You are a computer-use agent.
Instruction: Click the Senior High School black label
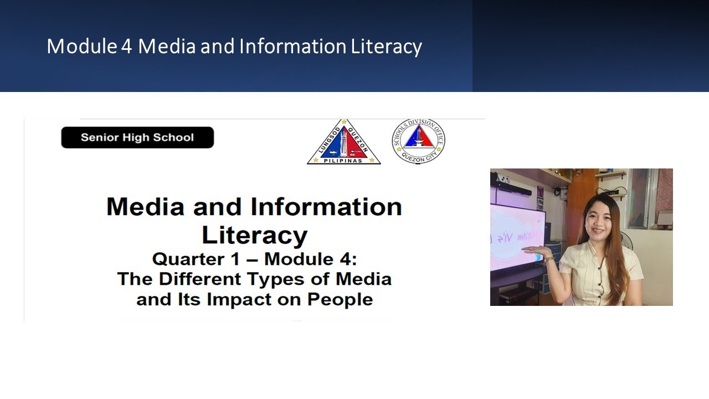click(137, 137)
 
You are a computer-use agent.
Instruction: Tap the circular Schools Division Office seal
click(418, 141)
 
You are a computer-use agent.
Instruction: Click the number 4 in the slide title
click(126, 47)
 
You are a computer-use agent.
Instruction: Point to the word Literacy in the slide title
click(386, 47)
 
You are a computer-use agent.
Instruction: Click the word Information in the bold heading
click(326, 207)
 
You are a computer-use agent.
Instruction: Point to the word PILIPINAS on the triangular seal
click(343, 161)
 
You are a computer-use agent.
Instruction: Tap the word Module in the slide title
click(81, 47)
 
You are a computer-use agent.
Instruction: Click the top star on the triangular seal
click(344, 122)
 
